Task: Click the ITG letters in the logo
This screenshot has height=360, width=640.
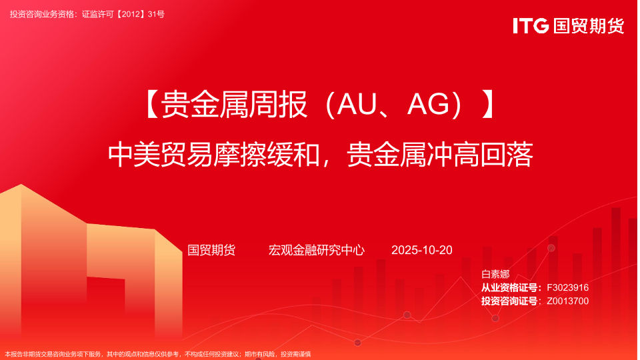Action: click(531, 26)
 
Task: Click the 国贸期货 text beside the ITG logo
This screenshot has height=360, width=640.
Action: click(589, 26)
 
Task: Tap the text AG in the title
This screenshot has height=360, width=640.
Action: click(429, 105)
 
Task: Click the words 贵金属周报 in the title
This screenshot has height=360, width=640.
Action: click(234, 105)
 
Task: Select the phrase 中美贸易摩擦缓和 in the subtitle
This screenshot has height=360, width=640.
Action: click(213, 155)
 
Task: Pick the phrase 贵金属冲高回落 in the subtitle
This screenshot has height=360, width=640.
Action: click(440, 155)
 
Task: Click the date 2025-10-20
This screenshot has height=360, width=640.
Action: click(421, 250)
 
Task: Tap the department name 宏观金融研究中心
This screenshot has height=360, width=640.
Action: click(316, 250)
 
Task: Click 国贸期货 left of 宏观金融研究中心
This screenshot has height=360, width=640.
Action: click(211, 250)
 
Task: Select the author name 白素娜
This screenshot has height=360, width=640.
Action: click(495, 274)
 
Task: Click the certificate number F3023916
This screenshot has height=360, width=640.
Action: click(568, 288)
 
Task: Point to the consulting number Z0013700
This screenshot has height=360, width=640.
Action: click(568, 301)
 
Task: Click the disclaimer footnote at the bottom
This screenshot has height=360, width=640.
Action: click(157, 354)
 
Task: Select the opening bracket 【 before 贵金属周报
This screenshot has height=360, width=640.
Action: click(151, 105)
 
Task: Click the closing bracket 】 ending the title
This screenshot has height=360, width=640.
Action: click(489, 105)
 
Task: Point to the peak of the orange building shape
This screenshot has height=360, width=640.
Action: click(21, 184)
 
